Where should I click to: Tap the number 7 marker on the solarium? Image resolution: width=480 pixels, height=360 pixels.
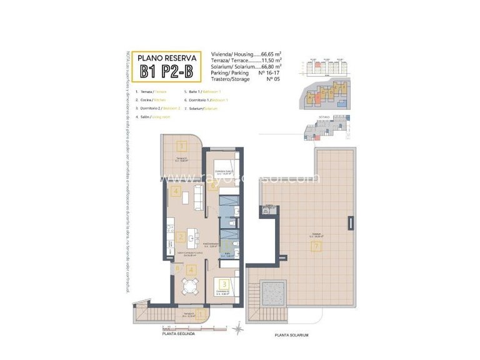[316, 247]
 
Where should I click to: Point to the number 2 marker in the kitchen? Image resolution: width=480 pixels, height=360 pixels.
[180, 237]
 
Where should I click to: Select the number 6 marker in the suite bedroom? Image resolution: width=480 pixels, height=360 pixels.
[213, 185]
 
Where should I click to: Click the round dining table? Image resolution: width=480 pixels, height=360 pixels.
[189, 287]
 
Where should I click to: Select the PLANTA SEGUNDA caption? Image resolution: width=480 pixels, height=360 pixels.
[178, 334]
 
